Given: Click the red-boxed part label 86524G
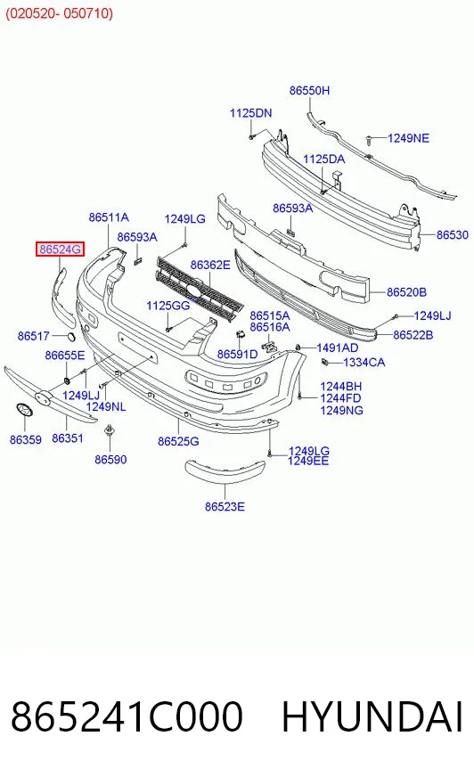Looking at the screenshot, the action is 60,249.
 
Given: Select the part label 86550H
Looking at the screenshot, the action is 309,91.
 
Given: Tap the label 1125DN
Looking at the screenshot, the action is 250,113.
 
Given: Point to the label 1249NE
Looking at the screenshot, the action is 408,138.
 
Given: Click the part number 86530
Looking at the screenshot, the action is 453,235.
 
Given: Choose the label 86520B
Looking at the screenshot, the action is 406,292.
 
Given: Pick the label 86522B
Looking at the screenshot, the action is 413,335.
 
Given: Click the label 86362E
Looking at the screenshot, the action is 210,266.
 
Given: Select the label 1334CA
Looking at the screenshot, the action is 364,363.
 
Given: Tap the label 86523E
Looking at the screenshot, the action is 225,506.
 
